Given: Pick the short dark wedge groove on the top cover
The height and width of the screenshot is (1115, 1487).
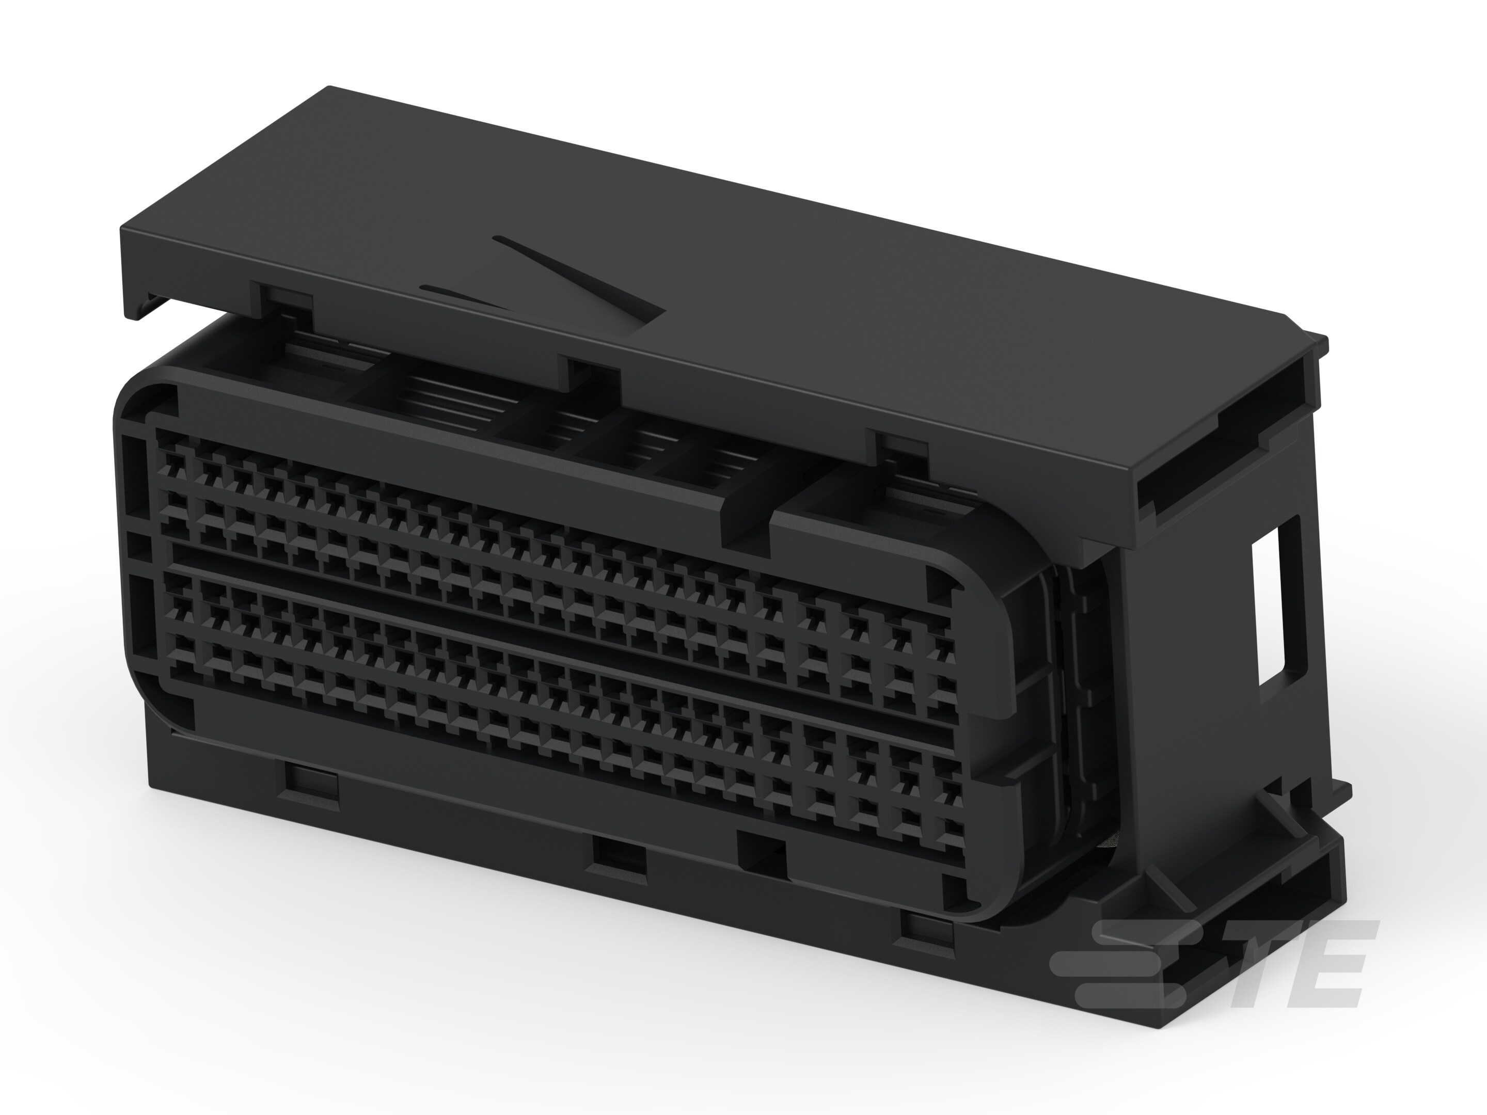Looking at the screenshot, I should [464, 296].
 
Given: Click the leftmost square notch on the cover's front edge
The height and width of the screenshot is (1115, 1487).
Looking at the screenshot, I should [282, 298].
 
